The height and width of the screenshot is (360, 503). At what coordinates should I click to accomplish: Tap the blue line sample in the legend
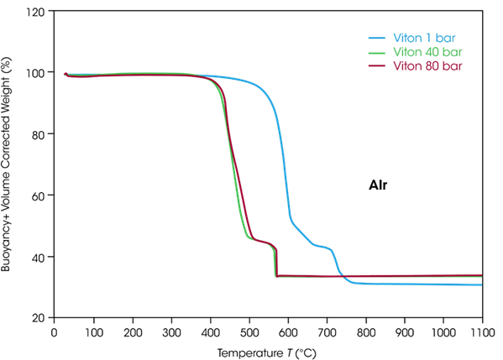point(376,39)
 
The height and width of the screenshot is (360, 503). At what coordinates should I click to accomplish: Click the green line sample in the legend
point(376,51)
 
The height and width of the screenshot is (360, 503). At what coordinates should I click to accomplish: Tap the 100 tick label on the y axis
point(37,73)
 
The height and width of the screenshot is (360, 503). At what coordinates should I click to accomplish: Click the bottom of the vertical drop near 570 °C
point(276,275)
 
